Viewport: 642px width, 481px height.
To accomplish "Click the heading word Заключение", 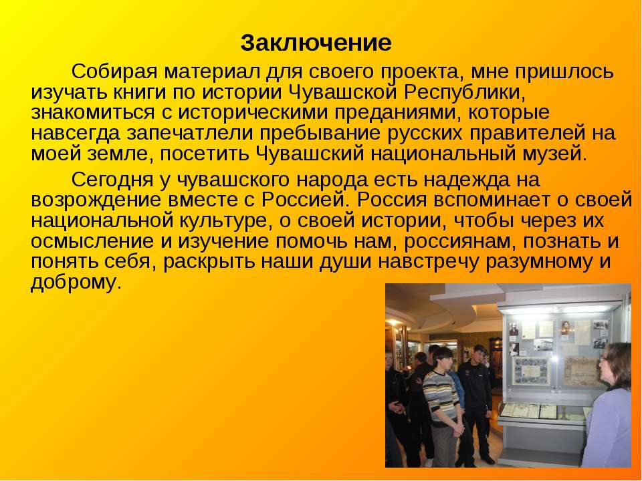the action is pyautogui.click(x=316, y=43).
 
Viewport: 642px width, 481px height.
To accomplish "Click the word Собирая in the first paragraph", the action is pyautogui.click(x=114, y=72).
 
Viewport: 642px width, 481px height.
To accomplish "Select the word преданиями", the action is pyautogui.click(x=396, y=114).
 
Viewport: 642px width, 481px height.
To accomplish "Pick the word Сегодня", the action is pyautogui.click(x=116, y=180).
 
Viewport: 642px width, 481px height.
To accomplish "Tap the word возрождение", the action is pyautogui.click(x=96, y=200).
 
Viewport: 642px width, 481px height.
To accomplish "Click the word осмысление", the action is pyautogui.click(x=92, y=241).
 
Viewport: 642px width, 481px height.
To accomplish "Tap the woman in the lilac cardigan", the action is pyautogui.click(x=609, y=409).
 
